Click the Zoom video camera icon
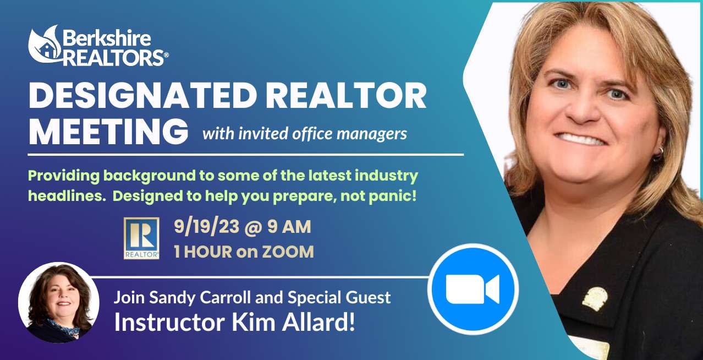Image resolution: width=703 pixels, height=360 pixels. click(473, 289)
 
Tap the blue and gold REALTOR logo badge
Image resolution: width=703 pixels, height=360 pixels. click(141, 238)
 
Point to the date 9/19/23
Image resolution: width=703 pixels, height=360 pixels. click(207, 226)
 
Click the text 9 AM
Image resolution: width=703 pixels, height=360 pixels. click(289, 226)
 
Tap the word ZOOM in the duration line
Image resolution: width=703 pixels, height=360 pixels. click(288, 252)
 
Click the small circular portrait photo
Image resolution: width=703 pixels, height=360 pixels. click(59, 303)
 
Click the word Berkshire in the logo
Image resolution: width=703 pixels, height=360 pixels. click(107, 39)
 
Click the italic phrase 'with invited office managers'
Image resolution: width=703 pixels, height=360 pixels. click(304, 134)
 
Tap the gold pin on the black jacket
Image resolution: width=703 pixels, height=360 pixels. click(595, 299)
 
